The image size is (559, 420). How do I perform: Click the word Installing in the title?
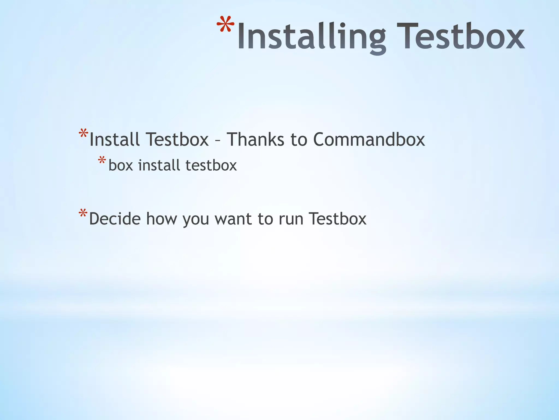click(x=311, y=37)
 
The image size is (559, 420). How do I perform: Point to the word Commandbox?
click(x=369, y=139)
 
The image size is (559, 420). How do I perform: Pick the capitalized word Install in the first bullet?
click(x=115, y=139)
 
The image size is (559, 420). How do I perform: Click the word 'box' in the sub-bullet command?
click(x=121, y=166)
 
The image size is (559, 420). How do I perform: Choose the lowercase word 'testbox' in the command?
click(x=211, y=165)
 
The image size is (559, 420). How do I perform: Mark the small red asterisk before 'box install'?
click(x=102, y=160)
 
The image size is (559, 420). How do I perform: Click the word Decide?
click(x=115, y=219)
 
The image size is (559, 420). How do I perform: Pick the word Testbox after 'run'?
click(x=338, y=219)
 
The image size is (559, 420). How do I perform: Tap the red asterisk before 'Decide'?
click(x=83, y=214)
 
